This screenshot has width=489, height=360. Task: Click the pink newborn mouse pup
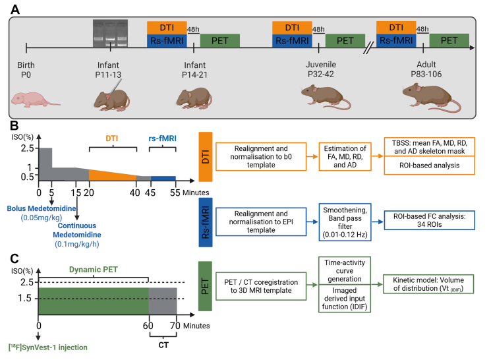[34, 99]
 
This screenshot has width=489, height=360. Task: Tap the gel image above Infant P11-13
[110, 29]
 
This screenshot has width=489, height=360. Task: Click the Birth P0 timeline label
[26, 71]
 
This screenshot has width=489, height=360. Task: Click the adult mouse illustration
[428, 98]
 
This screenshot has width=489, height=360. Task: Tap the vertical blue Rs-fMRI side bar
[207, 220]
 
